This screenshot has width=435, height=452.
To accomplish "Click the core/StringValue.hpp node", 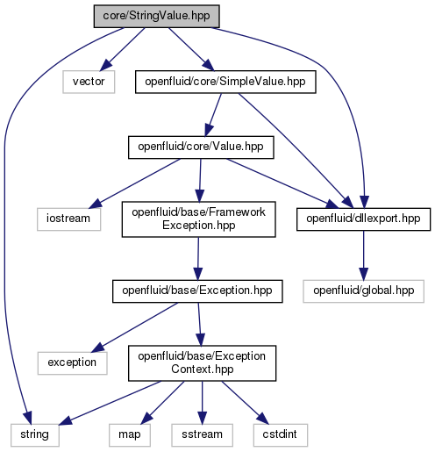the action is [x=156, y=17].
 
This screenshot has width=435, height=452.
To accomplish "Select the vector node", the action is [x=89, y=82].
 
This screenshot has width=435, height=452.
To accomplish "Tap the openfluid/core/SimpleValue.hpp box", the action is [x=225, y=82].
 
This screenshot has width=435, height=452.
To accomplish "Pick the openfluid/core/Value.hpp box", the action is [x=201, y=147].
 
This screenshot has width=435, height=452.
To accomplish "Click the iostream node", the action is [x=68, y=219].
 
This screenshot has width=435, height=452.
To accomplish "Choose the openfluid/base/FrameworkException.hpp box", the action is [x=198, y=219].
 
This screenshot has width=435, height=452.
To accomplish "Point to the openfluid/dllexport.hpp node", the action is [x=363, y=219].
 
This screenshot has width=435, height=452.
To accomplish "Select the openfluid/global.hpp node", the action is [x=363, y=291].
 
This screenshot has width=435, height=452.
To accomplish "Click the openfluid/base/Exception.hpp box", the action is [x=197, y=291].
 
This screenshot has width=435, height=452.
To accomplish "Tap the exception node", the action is [x=72, y=363].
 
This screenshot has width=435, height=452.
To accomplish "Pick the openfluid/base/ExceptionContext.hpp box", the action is [x=202, y=363].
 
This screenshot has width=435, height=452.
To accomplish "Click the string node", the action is [x=35, y=435].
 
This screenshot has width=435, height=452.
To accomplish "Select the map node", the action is [x=130, y=435].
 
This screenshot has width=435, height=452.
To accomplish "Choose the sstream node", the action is [x=202, y=435].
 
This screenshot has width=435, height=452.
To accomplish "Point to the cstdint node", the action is [x=281, y=435].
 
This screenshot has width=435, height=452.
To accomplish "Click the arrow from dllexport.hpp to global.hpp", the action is [x=363, y=255].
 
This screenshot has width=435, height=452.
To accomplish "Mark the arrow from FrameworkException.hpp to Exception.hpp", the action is [x=198, y=258].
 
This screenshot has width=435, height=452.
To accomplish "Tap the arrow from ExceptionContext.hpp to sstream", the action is [x=202, y=402].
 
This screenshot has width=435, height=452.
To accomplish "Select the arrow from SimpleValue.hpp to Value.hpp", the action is [x=213, y=115].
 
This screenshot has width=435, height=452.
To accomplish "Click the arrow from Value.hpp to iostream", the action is [x=135, y=183].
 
